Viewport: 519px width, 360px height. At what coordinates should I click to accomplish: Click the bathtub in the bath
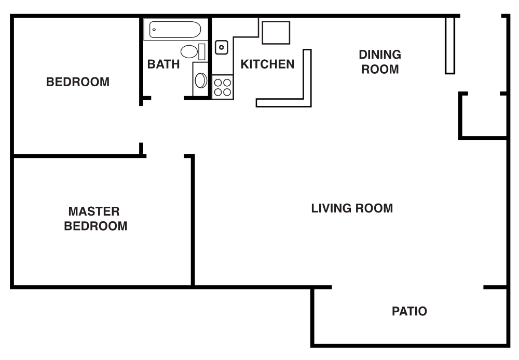coord(175,29)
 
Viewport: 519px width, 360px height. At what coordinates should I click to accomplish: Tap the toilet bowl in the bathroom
coord(189,51)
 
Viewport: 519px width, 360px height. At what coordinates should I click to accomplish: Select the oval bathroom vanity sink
coord(200,81)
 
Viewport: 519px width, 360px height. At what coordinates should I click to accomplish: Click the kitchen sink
coord(222,47)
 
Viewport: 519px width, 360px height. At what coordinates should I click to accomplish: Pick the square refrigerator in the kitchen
coord(276,33)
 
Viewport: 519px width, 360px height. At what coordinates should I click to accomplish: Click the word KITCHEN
coord(267,64)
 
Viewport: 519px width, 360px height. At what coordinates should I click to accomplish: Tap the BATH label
coord(163,64)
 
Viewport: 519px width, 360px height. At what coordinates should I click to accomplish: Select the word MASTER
coord(94,211)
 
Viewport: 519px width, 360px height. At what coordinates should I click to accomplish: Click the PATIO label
coord(409,312)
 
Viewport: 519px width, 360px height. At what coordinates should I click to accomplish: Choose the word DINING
coord(380,55)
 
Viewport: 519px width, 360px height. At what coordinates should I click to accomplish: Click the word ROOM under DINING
coord(380,69)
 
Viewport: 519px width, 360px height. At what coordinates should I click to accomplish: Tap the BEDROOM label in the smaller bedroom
coord(78,82)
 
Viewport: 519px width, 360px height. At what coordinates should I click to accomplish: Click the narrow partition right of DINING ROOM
coord(450,46)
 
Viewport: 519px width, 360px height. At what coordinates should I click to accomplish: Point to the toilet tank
coord(202,51)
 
